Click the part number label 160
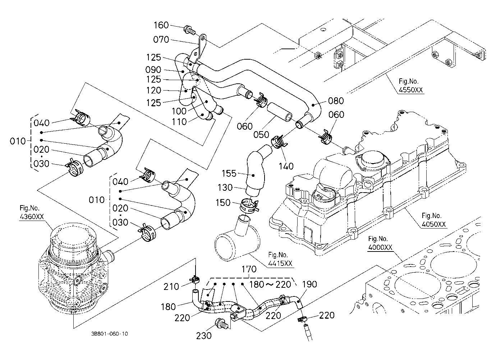(x=161, y=25)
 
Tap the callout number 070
(x=161, y=40)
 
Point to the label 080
(x=336, y=101)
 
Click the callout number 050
(x=261, y=135)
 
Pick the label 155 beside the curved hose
(x=229, y=174)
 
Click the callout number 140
(x=286, y=166)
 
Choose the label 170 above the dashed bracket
(x=249, y=269)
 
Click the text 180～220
(x=270, y=285)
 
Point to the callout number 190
(x=309, y=284)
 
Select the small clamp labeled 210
(x=195, y=280)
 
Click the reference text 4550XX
(x=410, y=90)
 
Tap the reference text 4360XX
(x=32, y=217)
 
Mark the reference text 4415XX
(x=280, y=263)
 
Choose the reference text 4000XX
(x=380, y=247)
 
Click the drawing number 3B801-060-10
(x=109, y=334)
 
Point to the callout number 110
(x=179, y=122)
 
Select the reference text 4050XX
(x=433, y=224)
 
